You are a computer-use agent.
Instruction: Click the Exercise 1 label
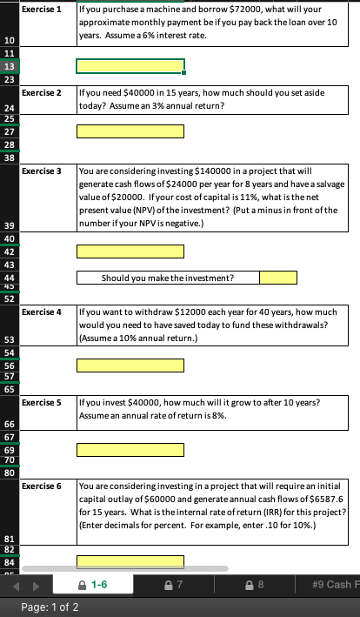pos(41,9)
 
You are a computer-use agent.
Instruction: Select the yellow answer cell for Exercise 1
pos(130,66)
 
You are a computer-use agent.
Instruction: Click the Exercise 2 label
pos(41,91)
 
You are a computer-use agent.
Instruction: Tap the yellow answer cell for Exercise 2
pos(130,131)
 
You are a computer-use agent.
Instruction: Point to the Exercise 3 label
pos(41,171)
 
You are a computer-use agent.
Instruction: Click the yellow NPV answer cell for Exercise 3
pos(130,251)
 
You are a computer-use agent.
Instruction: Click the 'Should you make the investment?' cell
pos(167,278)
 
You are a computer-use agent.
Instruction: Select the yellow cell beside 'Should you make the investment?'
pos(278,278)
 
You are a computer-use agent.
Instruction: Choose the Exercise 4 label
pos(41,311)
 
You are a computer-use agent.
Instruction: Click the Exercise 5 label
pos(41,403)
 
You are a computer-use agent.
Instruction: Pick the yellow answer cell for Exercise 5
pos(130,451)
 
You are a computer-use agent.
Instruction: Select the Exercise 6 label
pos(41,485)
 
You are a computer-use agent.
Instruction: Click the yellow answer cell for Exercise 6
pos(130,561)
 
